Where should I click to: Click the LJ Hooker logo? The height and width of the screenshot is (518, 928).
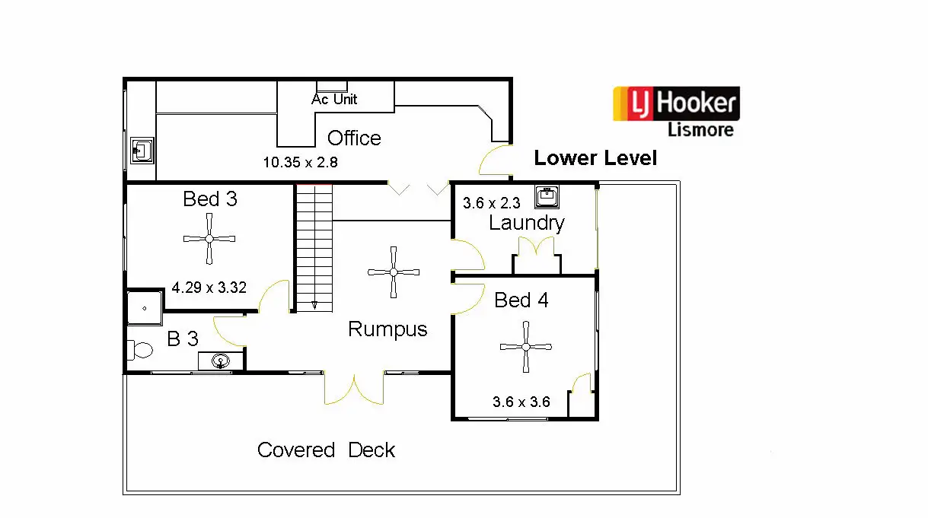point(676,104)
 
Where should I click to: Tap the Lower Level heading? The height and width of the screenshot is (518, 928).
point(595,158)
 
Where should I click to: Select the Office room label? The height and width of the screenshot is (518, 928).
point(354,138)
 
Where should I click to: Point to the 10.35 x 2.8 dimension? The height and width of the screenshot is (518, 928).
point(300,162)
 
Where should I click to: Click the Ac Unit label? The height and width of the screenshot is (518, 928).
point(334,99)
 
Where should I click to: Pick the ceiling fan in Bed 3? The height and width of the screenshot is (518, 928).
point(209,239)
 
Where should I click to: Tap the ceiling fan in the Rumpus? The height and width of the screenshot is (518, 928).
point(394,272)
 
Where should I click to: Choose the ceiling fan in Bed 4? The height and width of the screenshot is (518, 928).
point(525,347)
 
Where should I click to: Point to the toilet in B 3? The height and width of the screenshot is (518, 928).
point(141,351)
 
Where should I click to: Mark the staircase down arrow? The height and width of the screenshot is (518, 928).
point(314,305)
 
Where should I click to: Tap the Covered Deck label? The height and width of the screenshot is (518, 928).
point(326,450)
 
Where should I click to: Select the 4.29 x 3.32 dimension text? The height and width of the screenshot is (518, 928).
point(210,288)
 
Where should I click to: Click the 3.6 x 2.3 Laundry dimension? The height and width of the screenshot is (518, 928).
point(491,204)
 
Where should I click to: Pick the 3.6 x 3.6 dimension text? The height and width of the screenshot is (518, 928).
point(521,402)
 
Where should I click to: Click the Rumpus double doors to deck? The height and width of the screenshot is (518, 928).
point(354,388)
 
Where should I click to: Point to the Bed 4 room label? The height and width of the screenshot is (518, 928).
point(521,300)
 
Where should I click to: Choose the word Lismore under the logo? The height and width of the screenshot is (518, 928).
point(700,129)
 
